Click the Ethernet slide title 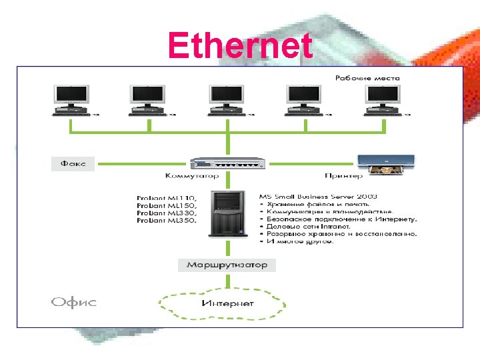[240, 45]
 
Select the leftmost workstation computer [71, 100]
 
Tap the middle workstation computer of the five [227, 100]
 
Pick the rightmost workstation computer [383, 100]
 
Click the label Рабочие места [367, 78]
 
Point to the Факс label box [73, 163]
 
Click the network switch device [228, 163]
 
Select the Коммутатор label [192, 176]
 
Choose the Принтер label [344, 176]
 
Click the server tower [228, 213]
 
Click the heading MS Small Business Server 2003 [318, 196]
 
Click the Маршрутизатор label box [227, 265]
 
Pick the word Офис [74, 303]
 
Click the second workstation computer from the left [148, 100]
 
